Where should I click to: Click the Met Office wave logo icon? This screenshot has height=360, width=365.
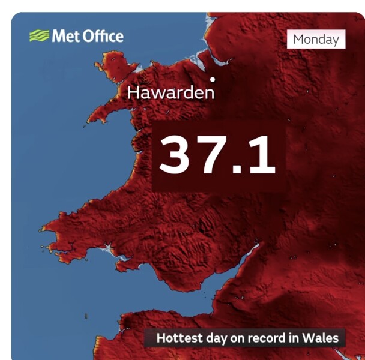click(39, 36)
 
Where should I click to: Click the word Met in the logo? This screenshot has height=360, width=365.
click(65, 36)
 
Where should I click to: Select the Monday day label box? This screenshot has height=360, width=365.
click(316, 40)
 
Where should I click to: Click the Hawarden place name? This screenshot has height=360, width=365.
click(170, 93)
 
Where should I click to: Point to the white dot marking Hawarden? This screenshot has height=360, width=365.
click(212, 79)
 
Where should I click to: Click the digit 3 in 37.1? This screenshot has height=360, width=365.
click(177, 154)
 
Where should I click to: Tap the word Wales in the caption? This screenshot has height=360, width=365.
click(321, 338)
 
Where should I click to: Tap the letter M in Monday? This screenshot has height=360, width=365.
click(298, 40)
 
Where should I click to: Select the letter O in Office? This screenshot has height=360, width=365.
click(88, 36)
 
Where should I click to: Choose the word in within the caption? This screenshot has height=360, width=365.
click(295, 338)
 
